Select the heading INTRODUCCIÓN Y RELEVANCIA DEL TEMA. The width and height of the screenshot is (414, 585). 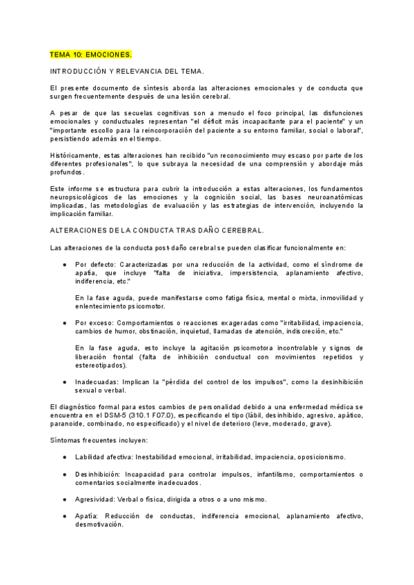coord(127,71)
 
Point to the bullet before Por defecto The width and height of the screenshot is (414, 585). coord(64,264)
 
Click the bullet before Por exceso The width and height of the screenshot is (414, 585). coord(64,322)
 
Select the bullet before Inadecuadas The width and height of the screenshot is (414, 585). coord(64,381)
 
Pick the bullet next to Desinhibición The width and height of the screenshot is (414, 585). coord(64,475)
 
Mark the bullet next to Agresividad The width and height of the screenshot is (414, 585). coord(64,499)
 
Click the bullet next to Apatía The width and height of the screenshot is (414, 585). coord(64,516)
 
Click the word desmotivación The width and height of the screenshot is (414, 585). coord(99,524)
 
